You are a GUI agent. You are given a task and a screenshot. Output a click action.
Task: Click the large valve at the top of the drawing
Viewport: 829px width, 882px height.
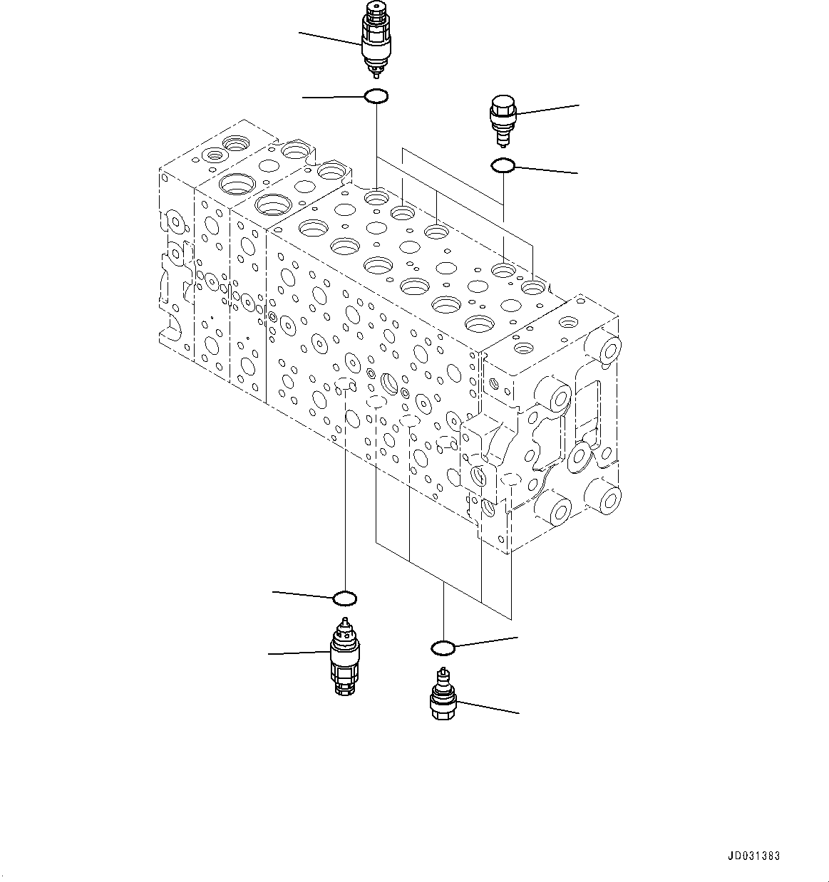pyautogui.click(x=375, y=39)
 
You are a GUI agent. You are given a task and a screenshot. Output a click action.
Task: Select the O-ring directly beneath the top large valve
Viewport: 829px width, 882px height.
pyautogui.click(x=376, y=96)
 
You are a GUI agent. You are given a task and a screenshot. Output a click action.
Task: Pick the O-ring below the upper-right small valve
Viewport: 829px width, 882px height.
pyautogui.click(x=503, y=166)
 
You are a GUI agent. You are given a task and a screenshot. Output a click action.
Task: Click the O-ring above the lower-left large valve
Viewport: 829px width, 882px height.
pyautogui.click(x=345, y=596)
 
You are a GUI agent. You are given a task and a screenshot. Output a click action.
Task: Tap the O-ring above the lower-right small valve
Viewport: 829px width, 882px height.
pyautogui.click(x=443, y=648)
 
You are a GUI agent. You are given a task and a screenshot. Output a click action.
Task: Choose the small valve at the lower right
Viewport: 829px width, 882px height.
pyautogui.click(x=443, y=696)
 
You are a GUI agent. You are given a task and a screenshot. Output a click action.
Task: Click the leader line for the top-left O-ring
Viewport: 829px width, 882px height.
pyautogui.click(x=334, y=96)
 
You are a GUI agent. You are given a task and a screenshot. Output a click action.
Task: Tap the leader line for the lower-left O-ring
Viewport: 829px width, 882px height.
pyautogui.click(x=304, y=594)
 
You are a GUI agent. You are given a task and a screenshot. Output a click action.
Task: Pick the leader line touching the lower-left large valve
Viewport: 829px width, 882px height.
pyautogui.click(x=299, y=653)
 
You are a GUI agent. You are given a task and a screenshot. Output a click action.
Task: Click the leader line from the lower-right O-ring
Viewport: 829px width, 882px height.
pyautogui.click(x=486, y=642)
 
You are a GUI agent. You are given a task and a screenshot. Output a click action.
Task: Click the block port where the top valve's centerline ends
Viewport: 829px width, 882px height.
pyautogui.click(x=376, y=196)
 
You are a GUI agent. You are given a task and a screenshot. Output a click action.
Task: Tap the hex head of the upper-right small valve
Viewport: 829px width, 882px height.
pyautogui.click(x=501, y=105)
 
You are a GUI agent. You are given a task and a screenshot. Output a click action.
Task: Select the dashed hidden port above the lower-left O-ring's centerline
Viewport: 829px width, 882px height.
pyautogui.click(x=345, y=385)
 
